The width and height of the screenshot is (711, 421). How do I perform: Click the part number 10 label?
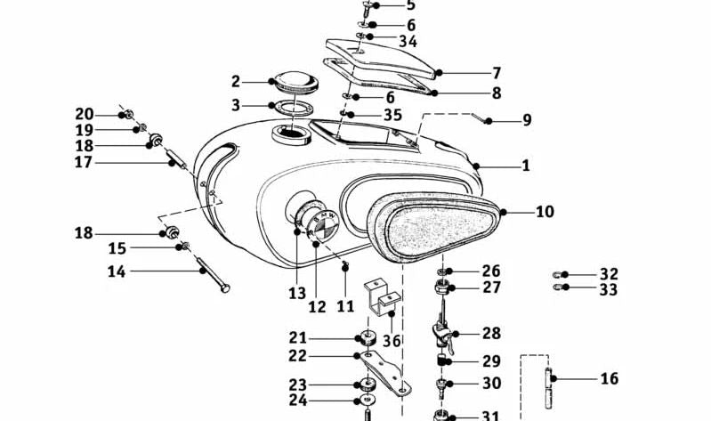pyautogui.click(x=570, y=212)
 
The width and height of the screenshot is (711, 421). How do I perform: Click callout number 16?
pyautogui.click(x=609, y=378)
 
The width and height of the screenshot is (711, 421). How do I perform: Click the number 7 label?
pyautogui.click(x=497, y=73)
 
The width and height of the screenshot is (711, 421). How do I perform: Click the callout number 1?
pyautogui.click(x=525, y=165)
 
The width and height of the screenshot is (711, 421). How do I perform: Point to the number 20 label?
pyautogui.click(x=84, y=114)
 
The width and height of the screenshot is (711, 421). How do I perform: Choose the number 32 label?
pyautogui.click(x=608, y=274)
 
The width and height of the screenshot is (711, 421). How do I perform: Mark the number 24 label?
pyautogui.click(x=296, y=401)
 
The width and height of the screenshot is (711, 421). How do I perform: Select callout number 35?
pyautogui.click(x=392, y=115)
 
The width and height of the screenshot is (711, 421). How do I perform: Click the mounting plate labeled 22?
pyautogui.click(x=383, y=369)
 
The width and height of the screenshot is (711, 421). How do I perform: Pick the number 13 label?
pyautogui.click(x=296, y=293)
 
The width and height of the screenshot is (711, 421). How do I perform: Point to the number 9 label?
pyautogui.click(x=526, y=119)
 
